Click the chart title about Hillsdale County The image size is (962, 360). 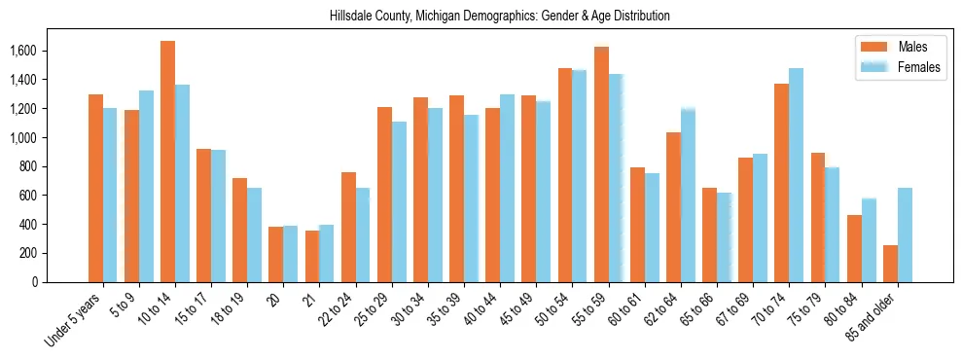tap(481, 17)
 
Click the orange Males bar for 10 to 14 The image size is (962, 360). tap(167, 162)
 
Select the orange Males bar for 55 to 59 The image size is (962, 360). tap(601, 164)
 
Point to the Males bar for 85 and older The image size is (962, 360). tap(890, 264)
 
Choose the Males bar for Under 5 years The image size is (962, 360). tap(95, 188)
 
